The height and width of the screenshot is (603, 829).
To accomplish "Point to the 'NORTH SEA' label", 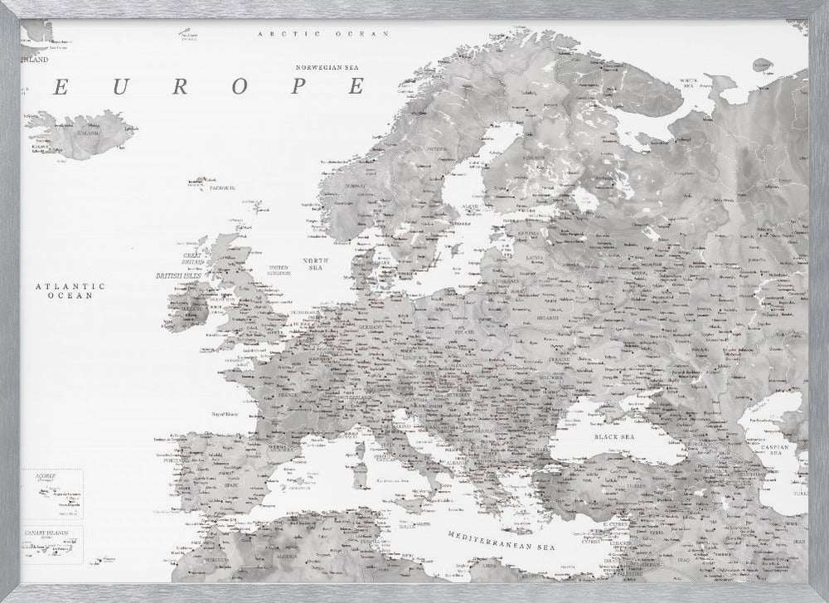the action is point(317,264).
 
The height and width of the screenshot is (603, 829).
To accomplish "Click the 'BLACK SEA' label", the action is point(613,435).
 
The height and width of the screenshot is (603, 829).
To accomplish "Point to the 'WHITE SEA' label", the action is point(688,82).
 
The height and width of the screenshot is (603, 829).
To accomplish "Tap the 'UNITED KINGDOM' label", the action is point(279,270).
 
